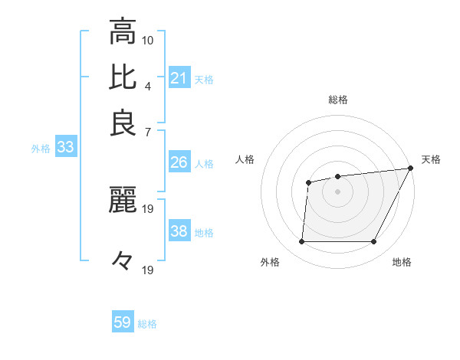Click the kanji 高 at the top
(x=123, y=32)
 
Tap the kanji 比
(x=123, y=77)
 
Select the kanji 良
(x=123, y=123)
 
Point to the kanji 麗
(x=123, y=201)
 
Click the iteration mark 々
(x=123, y=261)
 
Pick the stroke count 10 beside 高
(x=148, y=40)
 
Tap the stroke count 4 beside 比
(x=148, y=84)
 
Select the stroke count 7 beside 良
(x=148, y=131)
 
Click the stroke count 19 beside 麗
(x=148, y=208)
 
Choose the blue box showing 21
(x=179, y=77)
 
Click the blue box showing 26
(x=179, y=162)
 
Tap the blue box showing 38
(x=179, y=231)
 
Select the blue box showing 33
(x=65, y=148)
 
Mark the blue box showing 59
(x=123, y=322)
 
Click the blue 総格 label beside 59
(x=148, y=324)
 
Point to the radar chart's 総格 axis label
(x=338, y=100)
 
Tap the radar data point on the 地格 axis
(x=374, y=242)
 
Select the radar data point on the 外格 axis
(x=301, y=242)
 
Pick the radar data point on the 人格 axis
(x=309, y=182)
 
